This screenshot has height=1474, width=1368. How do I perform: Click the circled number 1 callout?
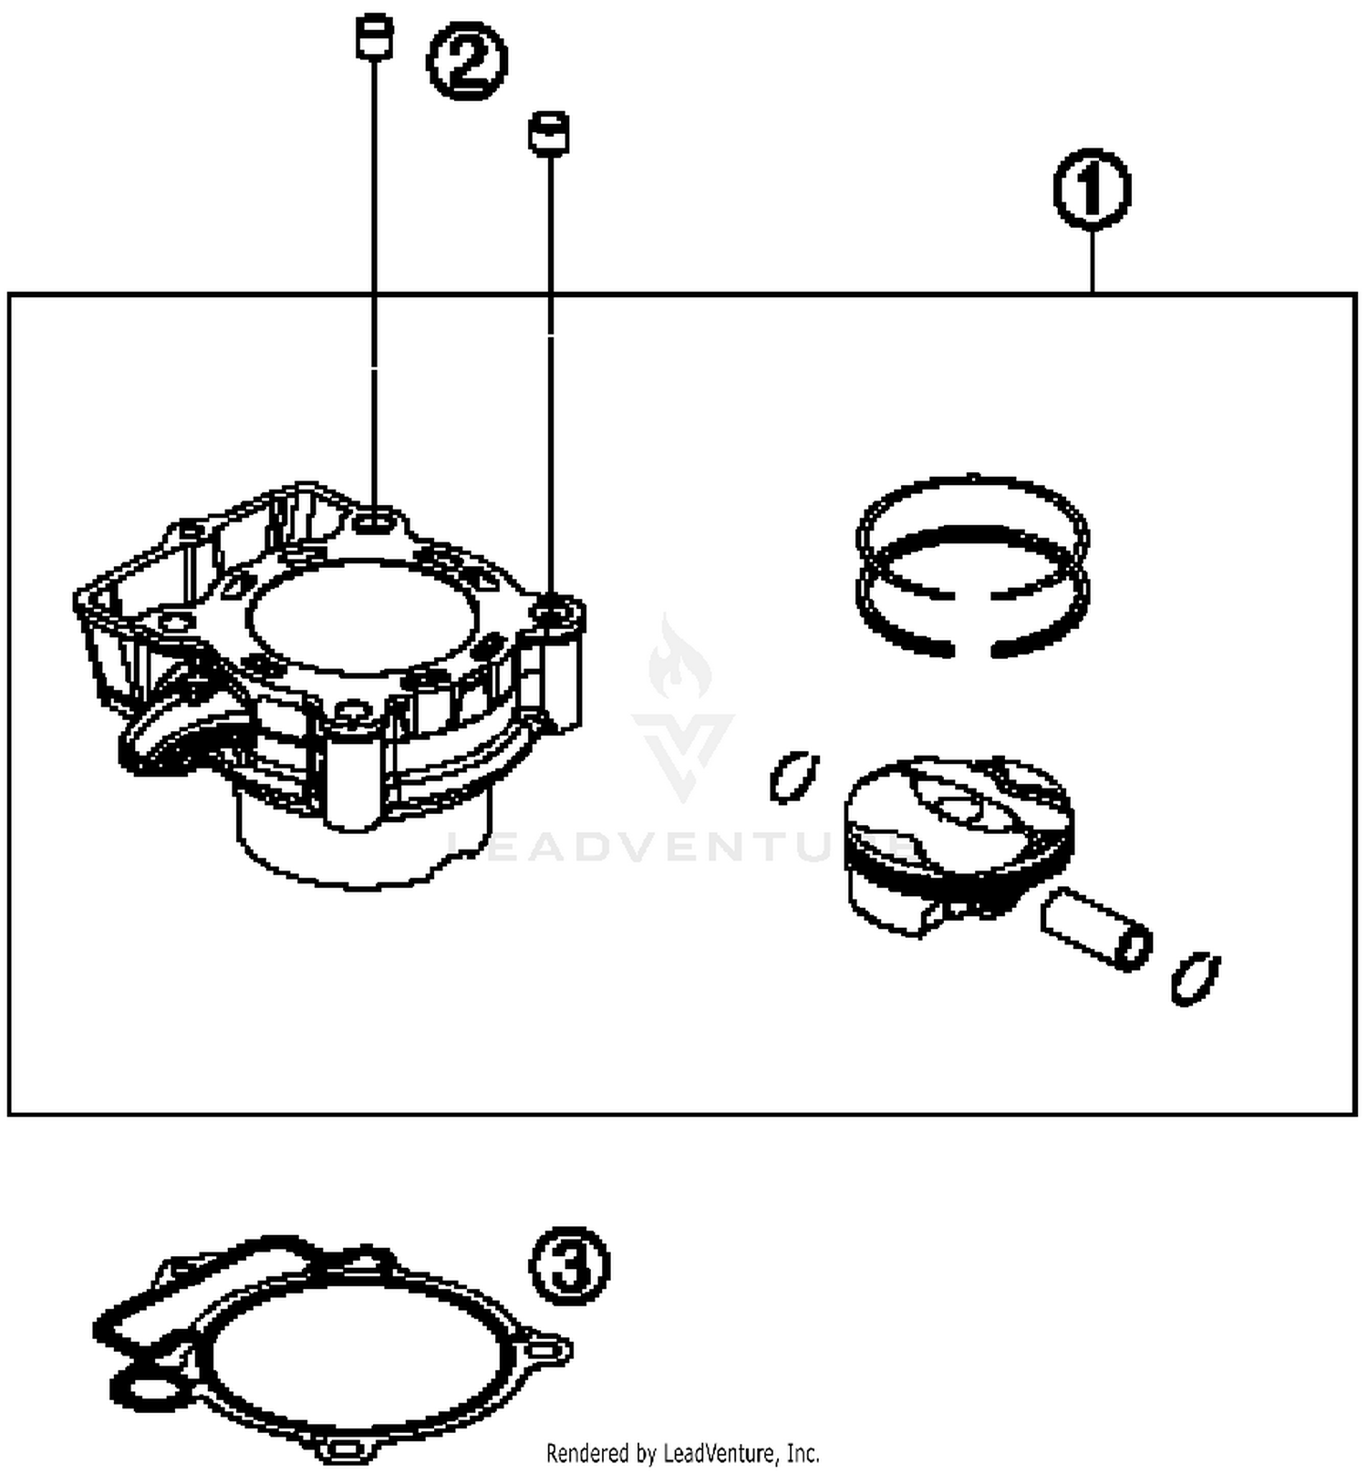[1092, 190]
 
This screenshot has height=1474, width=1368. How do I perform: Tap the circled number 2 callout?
[467, 61]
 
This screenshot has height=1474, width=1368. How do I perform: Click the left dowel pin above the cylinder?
[374, 36]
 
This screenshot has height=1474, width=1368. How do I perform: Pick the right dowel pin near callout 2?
[549, 133]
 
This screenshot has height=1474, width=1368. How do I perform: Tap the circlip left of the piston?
[793, 778]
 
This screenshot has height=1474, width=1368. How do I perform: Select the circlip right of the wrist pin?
[1195, 978]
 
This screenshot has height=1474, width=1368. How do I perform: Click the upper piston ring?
[972, 515]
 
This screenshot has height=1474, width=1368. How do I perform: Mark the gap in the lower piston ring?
[972, 650]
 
